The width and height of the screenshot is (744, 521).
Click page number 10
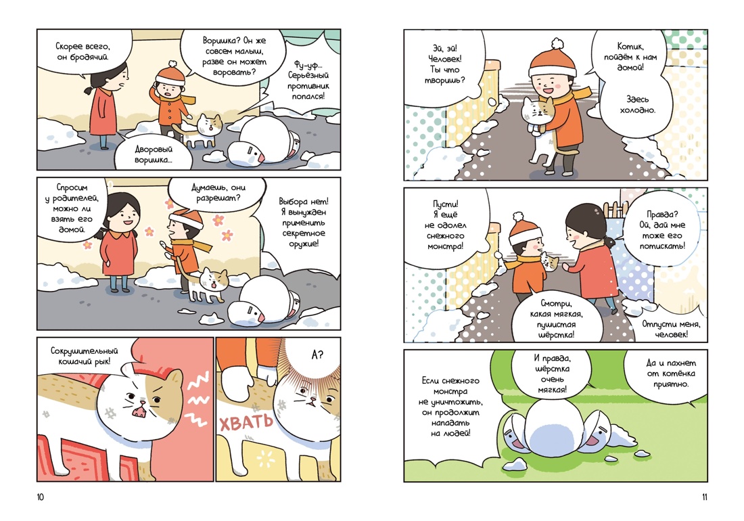click(40, 497)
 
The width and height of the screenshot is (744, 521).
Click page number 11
click(704, 497)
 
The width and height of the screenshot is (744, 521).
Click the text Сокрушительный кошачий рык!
click(84, 356)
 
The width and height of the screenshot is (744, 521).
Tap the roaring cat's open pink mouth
click(139, 409)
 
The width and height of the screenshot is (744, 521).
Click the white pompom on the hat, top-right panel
click(557, 44)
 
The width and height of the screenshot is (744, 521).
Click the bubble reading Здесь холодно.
click(637, 106)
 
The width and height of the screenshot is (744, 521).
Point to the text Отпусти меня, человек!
click(671, 329)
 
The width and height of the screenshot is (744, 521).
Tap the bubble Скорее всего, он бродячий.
click(83, 52)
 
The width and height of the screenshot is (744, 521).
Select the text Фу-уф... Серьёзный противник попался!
click(308, 81)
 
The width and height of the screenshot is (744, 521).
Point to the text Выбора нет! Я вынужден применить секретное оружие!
click(303, 223)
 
